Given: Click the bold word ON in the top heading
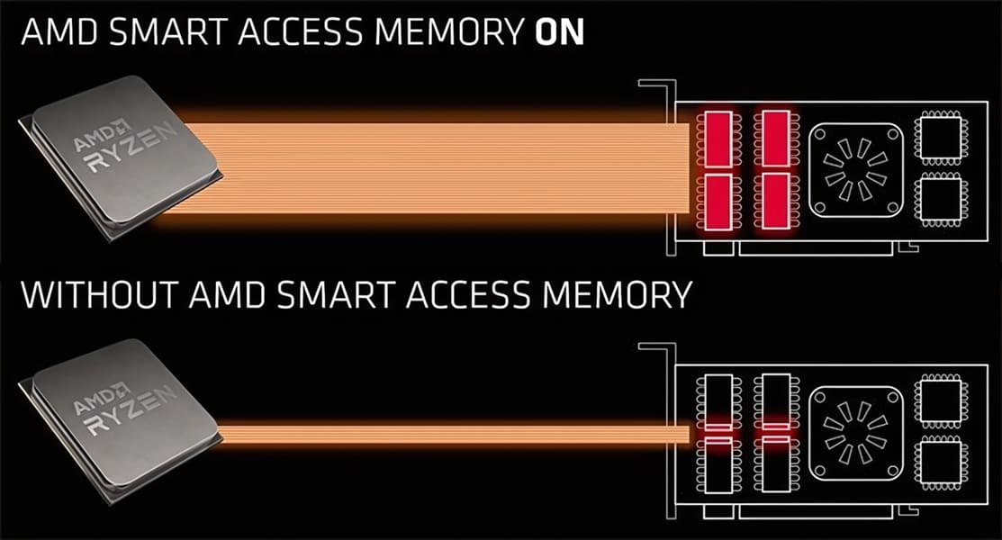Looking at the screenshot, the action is (559, 31).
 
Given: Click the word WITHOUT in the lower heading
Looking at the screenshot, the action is (99, 294).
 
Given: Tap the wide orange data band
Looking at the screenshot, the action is (435, 168).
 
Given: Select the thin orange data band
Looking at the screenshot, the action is (454, 434).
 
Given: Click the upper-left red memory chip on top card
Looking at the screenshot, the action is (718, 139).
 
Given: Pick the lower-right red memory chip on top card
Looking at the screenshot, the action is (776, 201).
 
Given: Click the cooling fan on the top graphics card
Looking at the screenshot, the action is (856, 170).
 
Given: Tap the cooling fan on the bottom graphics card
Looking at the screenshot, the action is (856, 433).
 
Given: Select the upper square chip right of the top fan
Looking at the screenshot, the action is (940, 136).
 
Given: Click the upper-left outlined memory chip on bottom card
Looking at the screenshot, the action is (718, 402).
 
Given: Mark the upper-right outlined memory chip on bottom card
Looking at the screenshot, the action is (776, 402).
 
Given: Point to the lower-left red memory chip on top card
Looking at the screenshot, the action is (718, 201).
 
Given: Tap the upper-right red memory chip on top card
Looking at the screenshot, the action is (776, 139).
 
